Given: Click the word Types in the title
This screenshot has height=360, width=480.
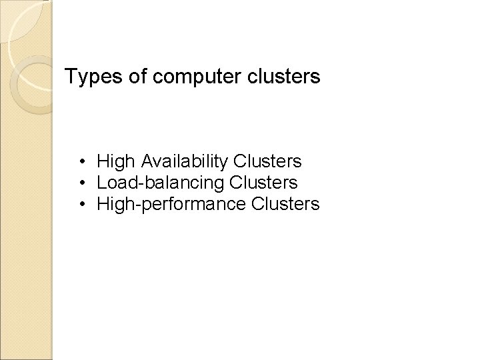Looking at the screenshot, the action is (x=89, y=77).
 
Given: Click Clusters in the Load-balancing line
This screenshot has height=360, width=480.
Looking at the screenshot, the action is (x=263, y=182).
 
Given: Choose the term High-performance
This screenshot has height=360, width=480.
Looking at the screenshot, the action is (x=172, y=204).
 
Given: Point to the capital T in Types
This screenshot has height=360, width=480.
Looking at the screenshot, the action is (x=71, y=77).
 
